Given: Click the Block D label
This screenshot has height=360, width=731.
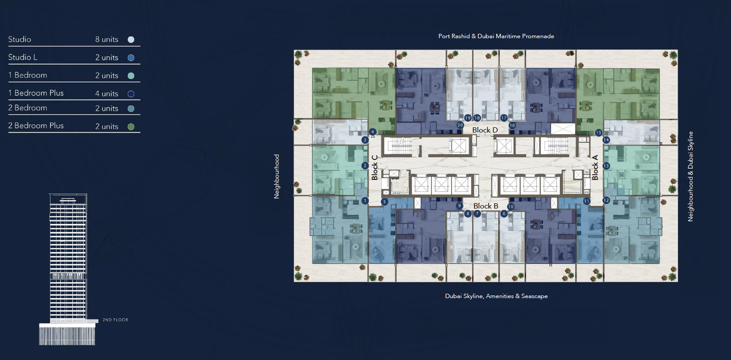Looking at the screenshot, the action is (485, 130).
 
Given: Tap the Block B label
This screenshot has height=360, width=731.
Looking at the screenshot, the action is (486, 206).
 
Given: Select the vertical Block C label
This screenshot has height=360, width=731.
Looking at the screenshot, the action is (375, 167).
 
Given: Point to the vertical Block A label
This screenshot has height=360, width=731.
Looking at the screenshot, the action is (595, 167).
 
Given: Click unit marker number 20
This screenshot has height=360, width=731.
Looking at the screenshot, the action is (460, 125).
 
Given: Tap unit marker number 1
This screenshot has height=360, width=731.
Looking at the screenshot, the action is (365, 201).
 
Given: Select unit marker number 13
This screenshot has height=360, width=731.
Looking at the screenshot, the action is (606, 166).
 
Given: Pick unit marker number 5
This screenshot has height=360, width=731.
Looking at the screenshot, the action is (384, 202).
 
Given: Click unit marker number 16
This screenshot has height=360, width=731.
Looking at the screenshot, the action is (512, 125).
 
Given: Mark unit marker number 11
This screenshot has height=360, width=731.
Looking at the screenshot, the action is (587, 201).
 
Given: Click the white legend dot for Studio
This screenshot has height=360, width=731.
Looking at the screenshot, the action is (131, 40).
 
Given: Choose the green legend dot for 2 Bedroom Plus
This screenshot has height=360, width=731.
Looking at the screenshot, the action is (131, 126).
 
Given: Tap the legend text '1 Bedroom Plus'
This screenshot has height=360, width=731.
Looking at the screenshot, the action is (36, 93).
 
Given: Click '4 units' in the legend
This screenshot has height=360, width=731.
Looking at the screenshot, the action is (107, 94).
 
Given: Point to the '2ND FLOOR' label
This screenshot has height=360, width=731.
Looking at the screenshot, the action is (115, 320).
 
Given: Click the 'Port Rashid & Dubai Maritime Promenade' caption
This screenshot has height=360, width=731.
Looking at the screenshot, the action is (496, 36).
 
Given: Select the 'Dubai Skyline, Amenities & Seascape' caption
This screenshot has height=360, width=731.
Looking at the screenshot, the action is (496, 296).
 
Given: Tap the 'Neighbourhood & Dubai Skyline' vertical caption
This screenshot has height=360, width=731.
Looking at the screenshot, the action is (691, 176).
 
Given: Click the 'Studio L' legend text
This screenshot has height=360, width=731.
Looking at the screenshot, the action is (23, 57).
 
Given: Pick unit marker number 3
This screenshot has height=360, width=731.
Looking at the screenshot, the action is (365, 140).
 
